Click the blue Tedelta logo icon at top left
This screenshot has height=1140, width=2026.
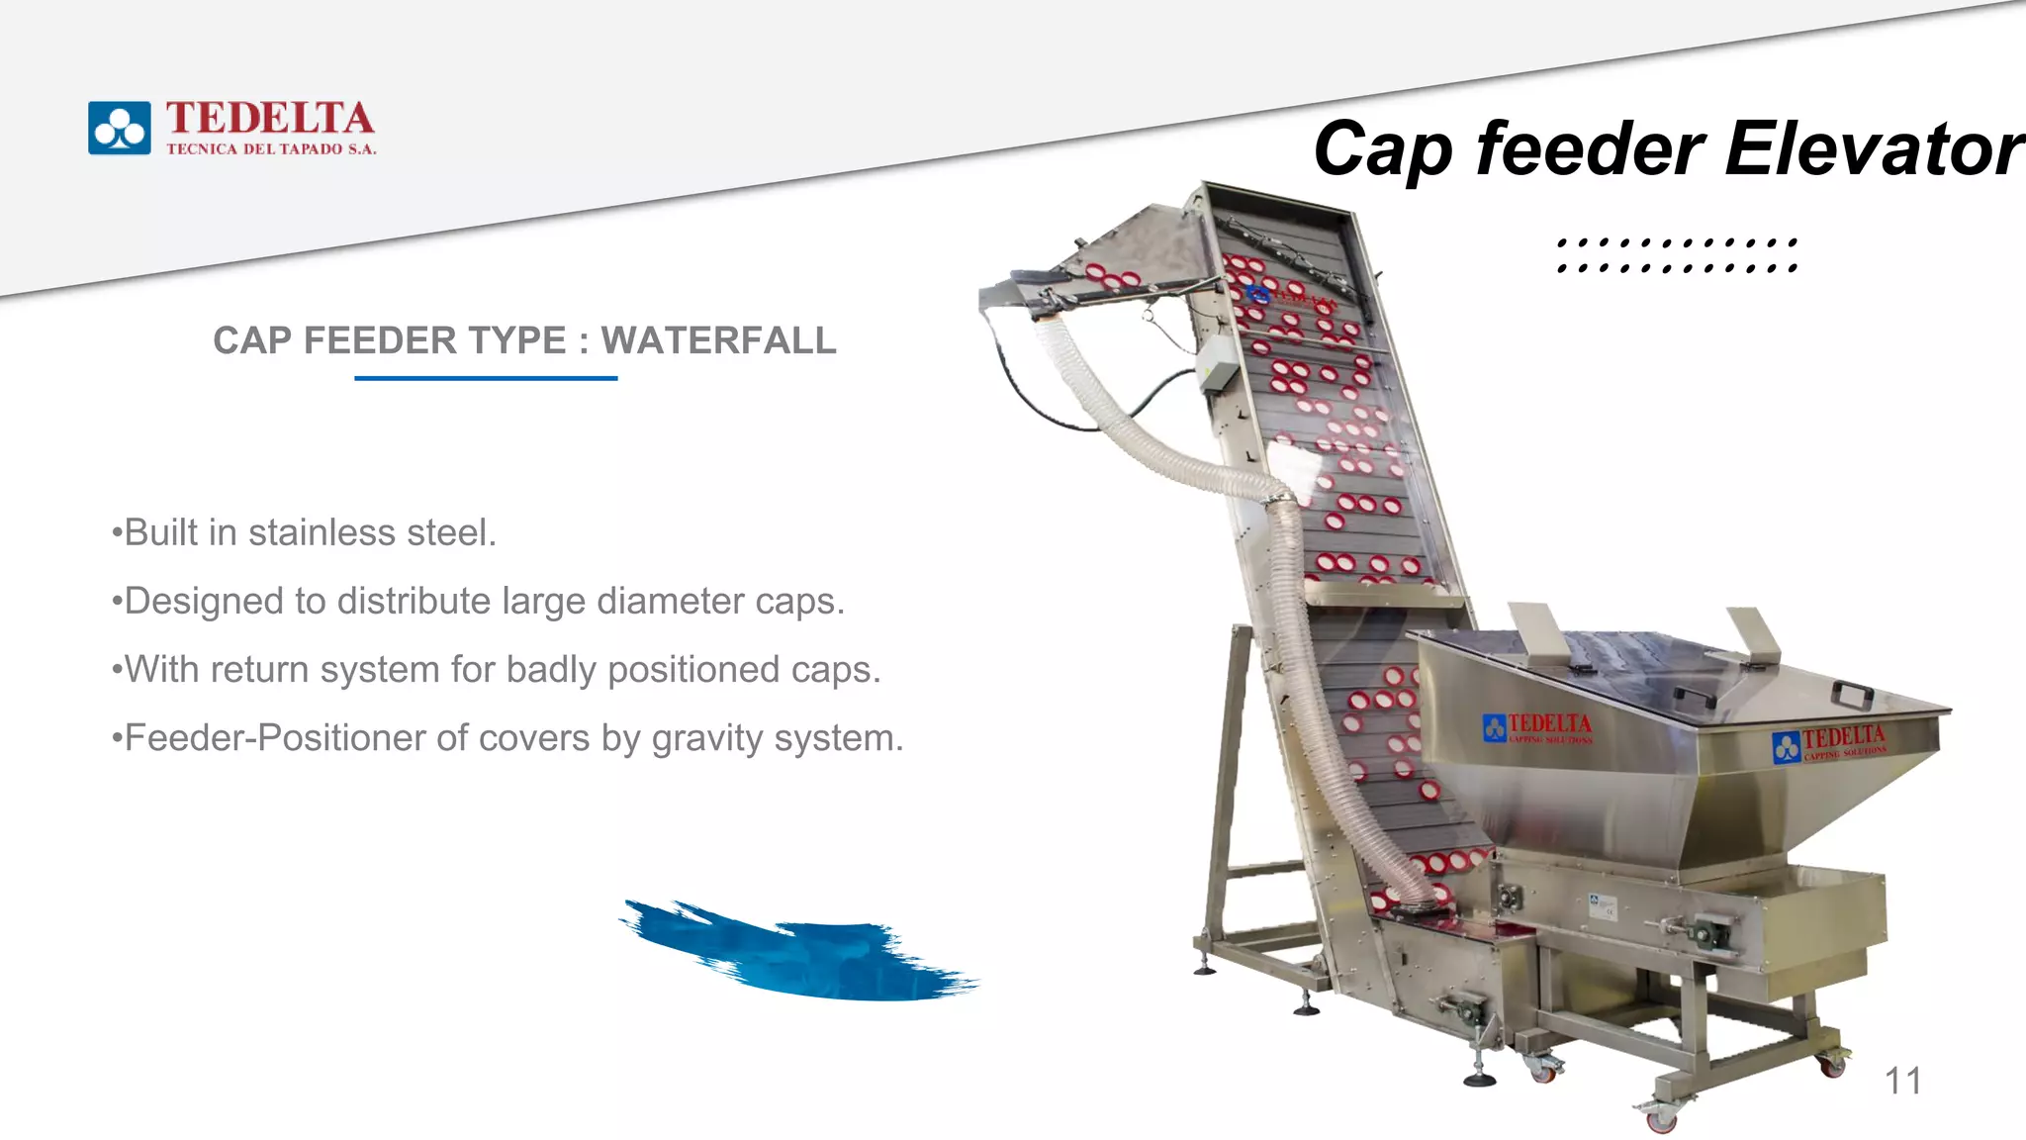[x=120, y=128]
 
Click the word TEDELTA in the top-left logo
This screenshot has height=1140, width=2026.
[x=269, y=118]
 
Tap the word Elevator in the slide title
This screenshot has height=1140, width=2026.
[x=1874, y=149]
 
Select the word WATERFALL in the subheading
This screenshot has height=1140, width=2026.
[x=718, y=340]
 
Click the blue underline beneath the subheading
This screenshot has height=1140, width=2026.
[x=486, y=378]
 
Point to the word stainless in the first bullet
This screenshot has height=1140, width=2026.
[x=322, y=532]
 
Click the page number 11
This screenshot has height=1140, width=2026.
[x=1902, y=1081]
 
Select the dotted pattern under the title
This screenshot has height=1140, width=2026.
[x=1677, y=254]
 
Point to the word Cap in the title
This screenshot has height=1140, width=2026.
[x=1383, y=149]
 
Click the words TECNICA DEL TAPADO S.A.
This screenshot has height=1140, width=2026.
[x=271, y=149]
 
